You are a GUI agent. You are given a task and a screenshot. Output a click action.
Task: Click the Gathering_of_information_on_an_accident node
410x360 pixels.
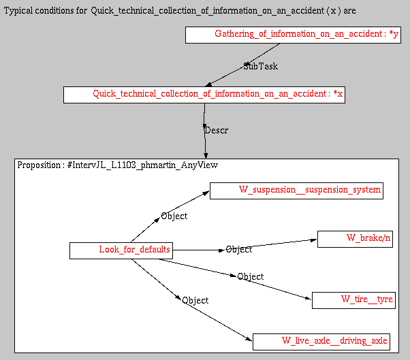pyautogui.click(x=293, y=35)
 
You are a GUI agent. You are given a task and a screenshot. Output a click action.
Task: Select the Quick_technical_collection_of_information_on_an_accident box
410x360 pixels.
pyautogui.click(x=204, y=95)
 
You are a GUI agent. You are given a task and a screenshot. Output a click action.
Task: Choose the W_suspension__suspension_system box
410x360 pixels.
pyautogui.click(x=296, y=190)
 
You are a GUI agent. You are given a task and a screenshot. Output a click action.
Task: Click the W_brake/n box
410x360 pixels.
pyautogui.click(x=355, y=238)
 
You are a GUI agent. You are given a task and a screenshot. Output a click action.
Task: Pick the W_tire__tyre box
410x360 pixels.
pyautogui.click(x=351, y=300)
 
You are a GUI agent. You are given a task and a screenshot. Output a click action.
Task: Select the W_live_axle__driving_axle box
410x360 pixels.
pyautogui.click(x=321, y=341)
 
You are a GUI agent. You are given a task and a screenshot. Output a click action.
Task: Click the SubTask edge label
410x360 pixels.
pyautogui.click(x=260, y=67)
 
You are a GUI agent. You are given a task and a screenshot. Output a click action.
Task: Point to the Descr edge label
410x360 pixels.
pyautogui.click(x=216, y=130)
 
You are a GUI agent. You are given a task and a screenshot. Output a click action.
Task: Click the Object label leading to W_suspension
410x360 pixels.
pyautogui.click(x=174, y=216)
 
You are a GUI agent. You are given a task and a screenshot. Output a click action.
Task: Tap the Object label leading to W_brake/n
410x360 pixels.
pyautogui.click(x=238, y=250)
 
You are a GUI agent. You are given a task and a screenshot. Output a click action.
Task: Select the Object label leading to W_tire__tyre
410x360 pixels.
pyautogui.click(x=250, y=277)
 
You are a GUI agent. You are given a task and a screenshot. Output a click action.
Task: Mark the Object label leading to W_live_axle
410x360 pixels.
pyautogui.click(x=195, y=301)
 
